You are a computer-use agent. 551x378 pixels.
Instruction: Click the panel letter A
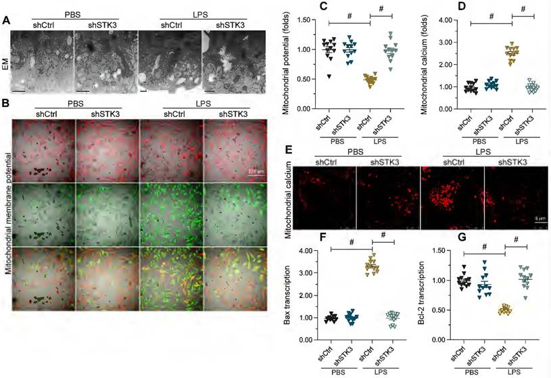pyautogui.click(x=7, y=20)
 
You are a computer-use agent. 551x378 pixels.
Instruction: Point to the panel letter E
pyautogui.click(x=290, y=151)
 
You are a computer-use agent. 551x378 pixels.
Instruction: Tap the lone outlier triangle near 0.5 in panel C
pyautogui.click(x=329, y=76)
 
